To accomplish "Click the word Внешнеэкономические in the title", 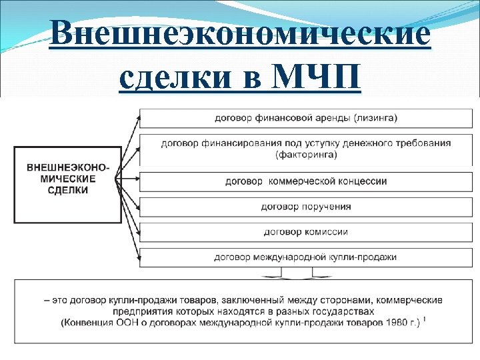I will coord(240,33).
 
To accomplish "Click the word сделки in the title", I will coord(174,78).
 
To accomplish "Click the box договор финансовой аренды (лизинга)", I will coord(305,119).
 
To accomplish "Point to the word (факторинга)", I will coord(306,155).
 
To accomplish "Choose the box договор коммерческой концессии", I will coord(305,181).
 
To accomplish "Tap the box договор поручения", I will coord(305,207).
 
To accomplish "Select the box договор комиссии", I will coord(305,232).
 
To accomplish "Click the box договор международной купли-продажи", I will coord(305,257).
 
